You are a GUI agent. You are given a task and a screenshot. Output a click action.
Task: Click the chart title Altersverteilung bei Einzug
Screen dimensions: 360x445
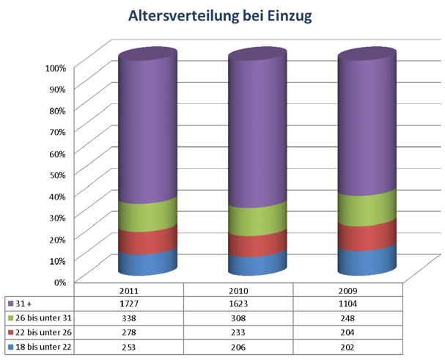(x=221, y=16)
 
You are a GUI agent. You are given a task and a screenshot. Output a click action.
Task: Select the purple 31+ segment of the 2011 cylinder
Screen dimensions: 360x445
(x=148, y=132)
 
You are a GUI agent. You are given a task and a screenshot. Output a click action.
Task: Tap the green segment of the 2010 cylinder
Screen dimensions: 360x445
(x=257, y=220)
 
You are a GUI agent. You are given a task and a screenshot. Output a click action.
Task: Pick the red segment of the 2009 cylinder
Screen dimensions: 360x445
(x=367, y=235)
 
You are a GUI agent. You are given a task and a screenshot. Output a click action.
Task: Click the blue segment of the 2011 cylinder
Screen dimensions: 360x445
(x=148, y=263)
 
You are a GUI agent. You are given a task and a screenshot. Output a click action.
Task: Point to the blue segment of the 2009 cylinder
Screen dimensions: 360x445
(x=367, y=260)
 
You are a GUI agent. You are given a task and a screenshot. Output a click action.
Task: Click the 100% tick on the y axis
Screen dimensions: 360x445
(x=56, y=67)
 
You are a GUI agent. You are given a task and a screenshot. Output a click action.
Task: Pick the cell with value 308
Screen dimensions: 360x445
(x=240, y=318)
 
